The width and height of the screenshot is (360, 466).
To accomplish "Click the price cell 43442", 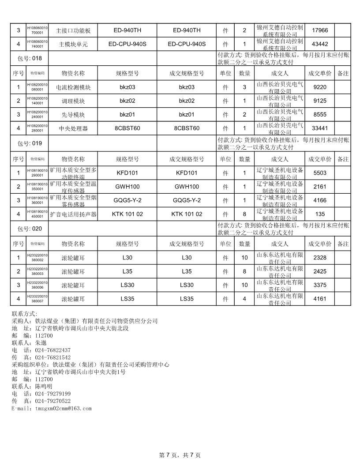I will pos(319,44).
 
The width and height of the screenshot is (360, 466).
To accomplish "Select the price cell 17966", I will pos(319,30).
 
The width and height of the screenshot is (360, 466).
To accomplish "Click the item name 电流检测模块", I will pos(73,87).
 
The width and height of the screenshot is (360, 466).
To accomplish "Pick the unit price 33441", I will pos(319,128).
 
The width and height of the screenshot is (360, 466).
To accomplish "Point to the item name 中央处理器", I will pos(73,128).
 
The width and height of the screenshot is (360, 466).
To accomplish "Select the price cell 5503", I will pos(319,173).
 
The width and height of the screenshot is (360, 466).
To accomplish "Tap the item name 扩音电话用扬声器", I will pos(73,214).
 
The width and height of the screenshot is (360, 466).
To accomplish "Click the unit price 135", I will pos(319,214).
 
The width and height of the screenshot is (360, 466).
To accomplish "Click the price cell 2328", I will pos(319,258).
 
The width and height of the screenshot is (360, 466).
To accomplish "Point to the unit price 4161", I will pos(319,299).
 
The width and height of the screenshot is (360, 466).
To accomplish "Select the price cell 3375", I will pos(319,285).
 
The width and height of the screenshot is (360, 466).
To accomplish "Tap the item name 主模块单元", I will pos(73,44).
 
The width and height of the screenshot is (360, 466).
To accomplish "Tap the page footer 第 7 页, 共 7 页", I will pos(180,455).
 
